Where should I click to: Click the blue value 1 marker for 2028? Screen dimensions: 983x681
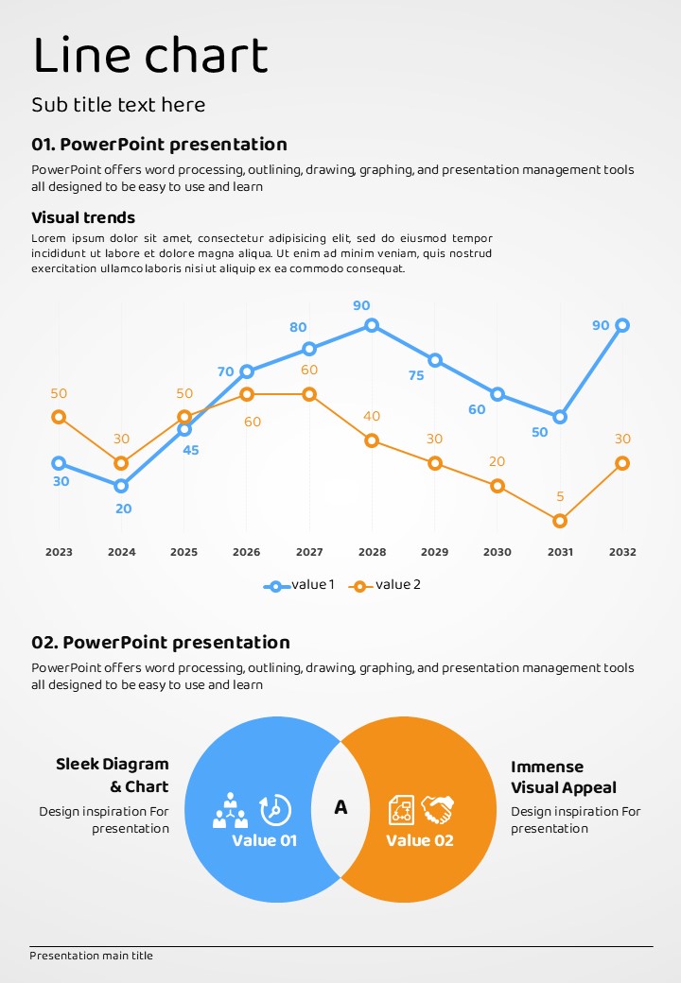click(372, 325)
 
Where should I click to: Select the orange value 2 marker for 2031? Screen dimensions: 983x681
click(560, 521)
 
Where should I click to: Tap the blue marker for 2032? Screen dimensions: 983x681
click(622, 325)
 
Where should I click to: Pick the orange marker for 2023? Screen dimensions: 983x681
click(59, 417)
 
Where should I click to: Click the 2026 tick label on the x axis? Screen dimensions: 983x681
click(246, 552)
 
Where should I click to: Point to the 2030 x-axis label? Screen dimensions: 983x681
click(498, 552)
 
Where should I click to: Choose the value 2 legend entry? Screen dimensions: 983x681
click(385, 585)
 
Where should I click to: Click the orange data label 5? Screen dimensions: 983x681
click(560, 496)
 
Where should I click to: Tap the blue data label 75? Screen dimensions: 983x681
click(416, 375)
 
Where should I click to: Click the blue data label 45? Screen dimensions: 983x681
click(191, 450)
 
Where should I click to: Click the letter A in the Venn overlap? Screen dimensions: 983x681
click(340, 807)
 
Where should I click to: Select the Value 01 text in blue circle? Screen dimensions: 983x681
click(265, 840)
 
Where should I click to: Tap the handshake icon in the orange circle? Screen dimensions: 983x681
click(438, 809)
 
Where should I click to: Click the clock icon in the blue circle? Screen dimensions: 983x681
click(275, 809)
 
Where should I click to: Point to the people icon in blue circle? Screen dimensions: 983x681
click(230, 810)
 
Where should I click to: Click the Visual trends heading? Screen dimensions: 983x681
click(83, 217)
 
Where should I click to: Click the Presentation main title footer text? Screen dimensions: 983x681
click(91, 956)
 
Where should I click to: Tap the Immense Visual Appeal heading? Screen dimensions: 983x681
click(564, 777)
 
